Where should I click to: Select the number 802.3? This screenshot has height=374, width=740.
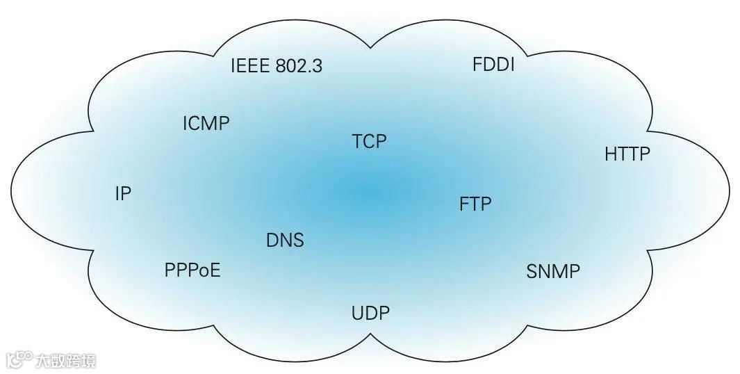298,67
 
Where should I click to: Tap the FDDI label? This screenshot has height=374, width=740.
493,65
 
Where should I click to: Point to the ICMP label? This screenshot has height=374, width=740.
206,124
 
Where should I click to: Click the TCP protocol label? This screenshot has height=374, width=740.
369,142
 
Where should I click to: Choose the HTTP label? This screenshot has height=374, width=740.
627,154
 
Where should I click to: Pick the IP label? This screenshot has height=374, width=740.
123,194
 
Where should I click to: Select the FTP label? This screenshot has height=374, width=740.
475,204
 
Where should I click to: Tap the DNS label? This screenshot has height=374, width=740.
285,241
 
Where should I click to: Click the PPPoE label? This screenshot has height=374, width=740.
192,270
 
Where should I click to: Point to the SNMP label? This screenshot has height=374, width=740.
553,271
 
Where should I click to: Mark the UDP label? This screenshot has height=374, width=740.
370,313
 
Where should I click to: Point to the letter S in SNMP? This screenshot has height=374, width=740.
532,271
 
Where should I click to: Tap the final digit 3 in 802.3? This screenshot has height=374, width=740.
318,67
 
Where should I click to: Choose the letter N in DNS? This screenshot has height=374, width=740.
286,241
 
